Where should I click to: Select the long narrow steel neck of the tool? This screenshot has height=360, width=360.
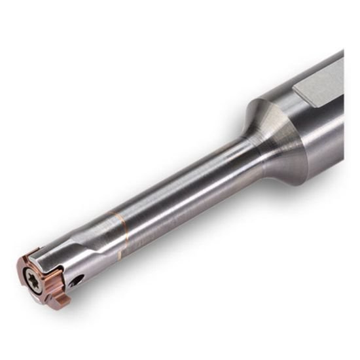[x=183, y=196]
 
